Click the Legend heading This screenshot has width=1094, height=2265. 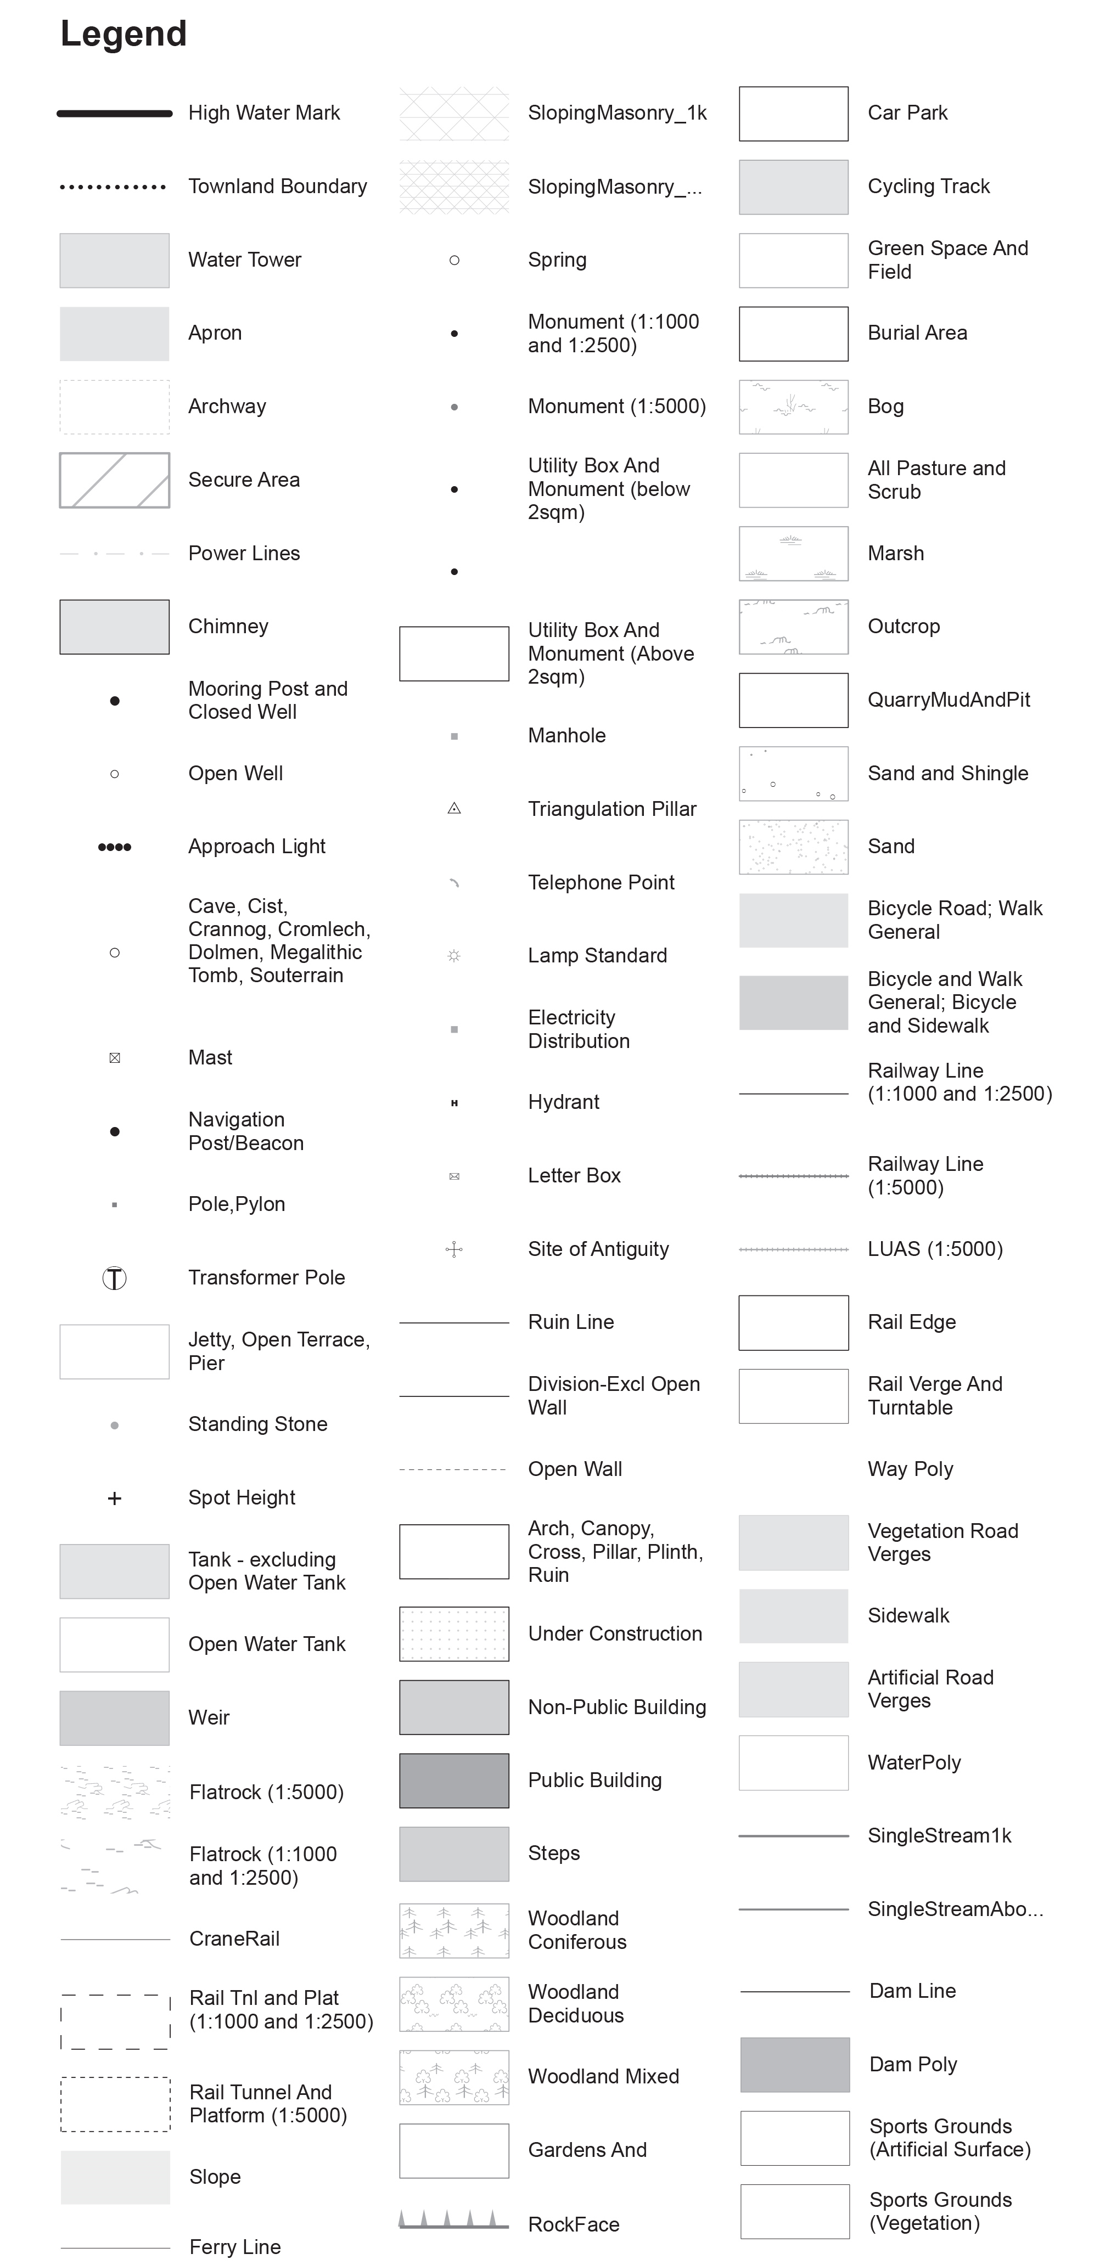(123, 34)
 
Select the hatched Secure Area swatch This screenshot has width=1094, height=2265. (114, 480)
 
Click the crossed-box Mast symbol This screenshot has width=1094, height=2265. (114, 1058)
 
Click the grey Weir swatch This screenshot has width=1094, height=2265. (114, 1718)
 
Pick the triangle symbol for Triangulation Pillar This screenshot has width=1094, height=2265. (455, 809)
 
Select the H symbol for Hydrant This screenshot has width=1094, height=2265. (455, 1103)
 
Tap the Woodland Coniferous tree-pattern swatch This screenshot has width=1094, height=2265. (455, 1931)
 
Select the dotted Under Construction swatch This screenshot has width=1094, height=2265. (455, 1633)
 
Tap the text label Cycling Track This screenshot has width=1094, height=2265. (929, 187)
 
